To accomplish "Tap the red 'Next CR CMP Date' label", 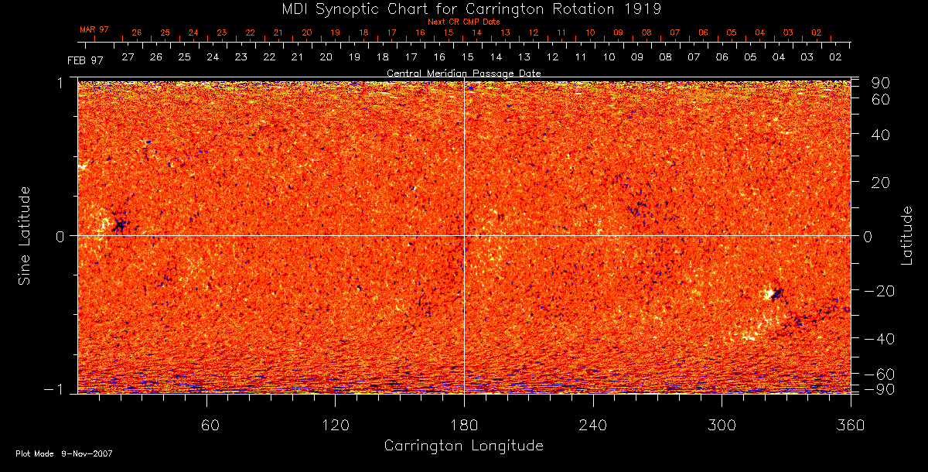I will point(463,22).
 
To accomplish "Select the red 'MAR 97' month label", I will point(94,29).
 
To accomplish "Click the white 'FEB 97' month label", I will point(85,60).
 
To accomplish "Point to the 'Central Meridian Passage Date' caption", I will point(463,73).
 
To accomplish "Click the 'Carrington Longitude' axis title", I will point(463,446).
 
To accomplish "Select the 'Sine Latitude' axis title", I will point(26,235).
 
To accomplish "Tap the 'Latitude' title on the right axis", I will point(907,235).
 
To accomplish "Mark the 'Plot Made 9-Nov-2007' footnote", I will point(64,453).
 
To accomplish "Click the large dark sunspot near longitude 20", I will point(120,225).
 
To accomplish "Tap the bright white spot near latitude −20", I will point(769,294).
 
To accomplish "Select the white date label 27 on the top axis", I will point(128,57).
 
